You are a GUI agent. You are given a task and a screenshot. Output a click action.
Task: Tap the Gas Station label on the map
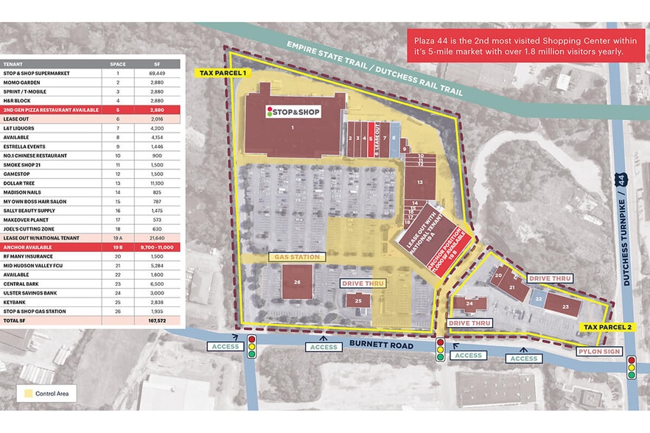click(296, 257)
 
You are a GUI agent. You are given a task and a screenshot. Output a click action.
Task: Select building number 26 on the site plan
click(297, 282)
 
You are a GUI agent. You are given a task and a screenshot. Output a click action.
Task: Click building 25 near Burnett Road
click(358, 300)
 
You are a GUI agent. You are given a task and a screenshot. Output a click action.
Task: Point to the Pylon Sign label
click(601, 352)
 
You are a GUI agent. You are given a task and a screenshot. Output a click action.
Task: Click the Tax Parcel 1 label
click(220, 73)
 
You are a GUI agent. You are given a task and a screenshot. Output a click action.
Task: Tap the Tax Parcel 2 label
click(607, 326)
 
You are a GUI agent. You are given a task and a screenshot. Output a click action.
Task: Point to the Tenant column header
click(13, 64)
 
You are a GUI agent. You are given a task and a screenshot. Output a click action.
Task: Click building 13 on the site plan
click(419, 180)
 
